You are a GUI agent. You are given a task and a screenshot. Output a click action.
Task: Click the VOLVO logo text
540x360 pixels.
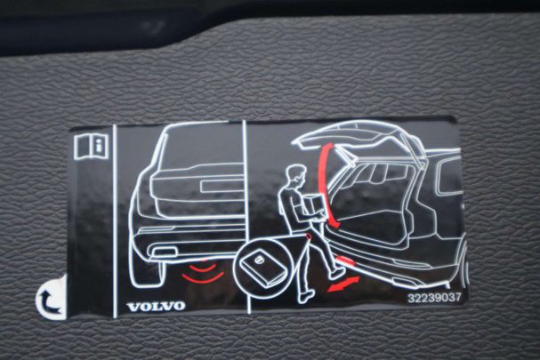[x=156, y=307]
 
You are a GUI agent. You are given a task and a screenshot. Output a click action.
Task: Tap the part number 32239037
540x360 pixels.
[x=434, y=298]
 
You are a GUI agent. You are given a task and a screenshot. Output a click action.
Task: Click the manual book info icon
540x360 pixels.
[x=91, y=147]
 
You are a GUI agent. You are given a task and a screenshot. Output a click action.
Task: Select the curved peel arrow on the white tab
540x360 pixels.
[x=48, y=301]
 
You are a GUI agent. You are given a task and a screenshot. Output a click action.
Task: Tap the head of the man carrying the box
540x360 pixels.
[x=297, y=175]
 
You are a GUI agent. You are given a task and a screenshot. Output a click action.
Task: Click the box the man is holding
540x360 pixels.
[x=314, y=206]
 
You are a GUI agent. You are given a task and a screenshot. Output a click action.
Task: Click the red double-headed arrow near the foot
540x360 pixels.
[x=343, y=284]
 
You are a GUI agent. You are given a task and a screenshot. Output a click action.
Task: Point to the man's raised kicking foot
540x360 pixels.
[x=337, y=274]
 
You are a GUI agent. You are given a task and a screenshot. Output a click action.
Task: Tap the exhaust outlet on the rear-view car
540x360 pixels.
[x=164, y=252]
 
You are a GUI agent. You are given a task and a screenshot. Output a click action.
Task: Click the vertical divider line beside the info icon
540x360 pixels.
[x=115, y=221]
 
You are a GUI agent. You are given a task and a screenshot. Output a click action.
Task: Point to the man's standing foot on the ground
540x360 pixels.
[x=306, y=296]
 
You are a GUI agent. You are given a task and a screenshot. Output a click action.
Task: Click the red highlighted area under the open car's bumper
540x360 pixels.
[x=345, y=260]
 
